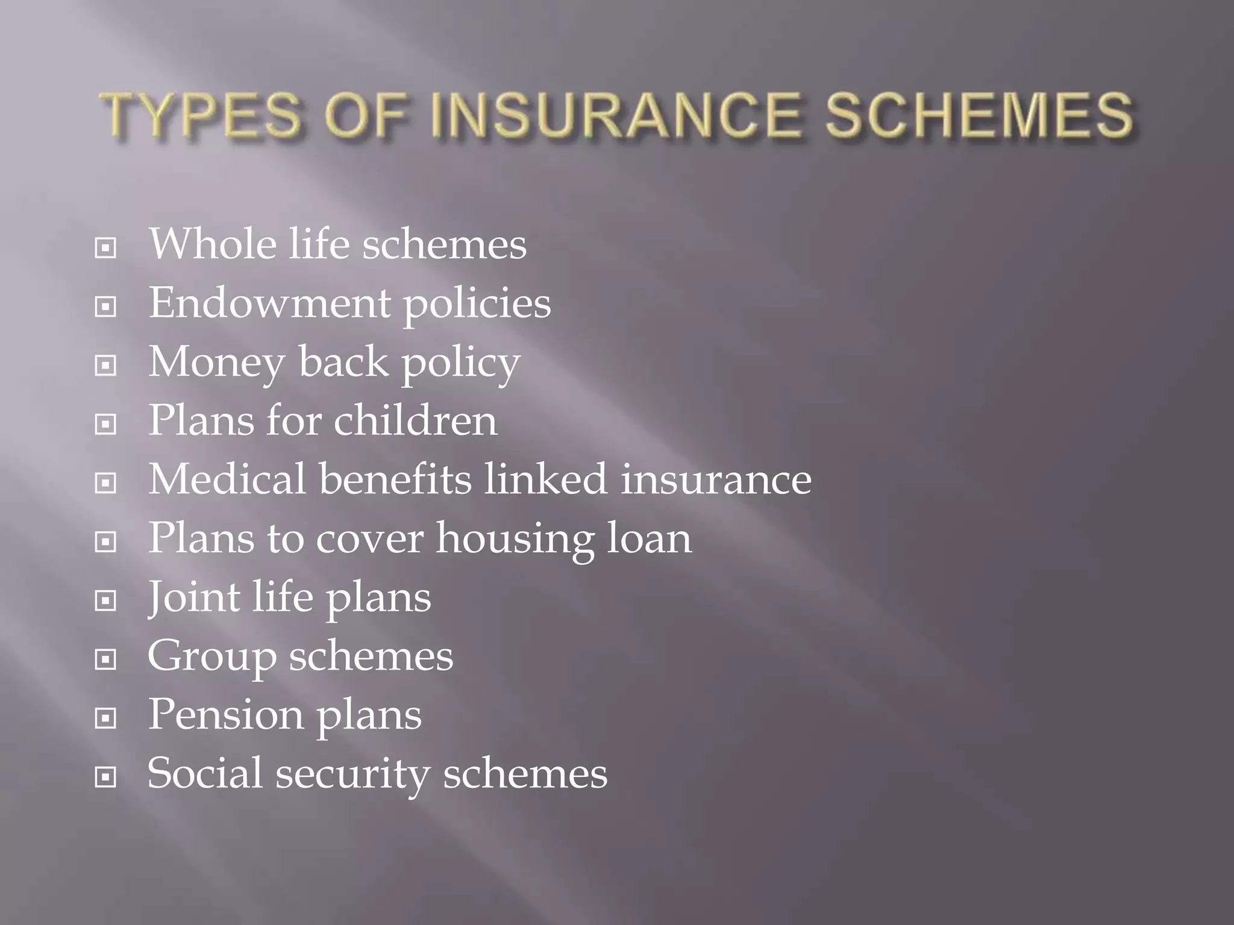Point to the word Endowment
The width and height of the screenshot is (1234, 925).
(x=269, y=303)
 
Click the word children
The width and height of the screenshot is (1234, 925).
(x=416, y=420)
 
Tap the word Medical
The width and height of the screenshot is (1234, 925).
(x=227, y=479)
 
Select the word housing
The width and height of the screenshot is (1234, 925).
(x=515, y=538)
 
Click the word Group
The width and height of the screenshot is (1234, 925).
(x=211, y=656)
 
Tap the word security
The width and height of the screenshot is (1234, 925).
(x=352, y=773)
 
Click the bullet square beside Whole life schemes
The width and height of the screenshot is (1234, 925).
(x=105, y=248)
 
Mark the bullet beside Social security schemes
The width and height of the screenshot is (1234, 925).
(x=105, y=777)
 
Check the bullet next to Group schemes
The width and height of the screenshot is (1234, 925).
(x=105, y=660)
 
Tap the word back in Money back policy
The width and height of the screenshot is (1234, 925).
(x=343, y=363)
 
